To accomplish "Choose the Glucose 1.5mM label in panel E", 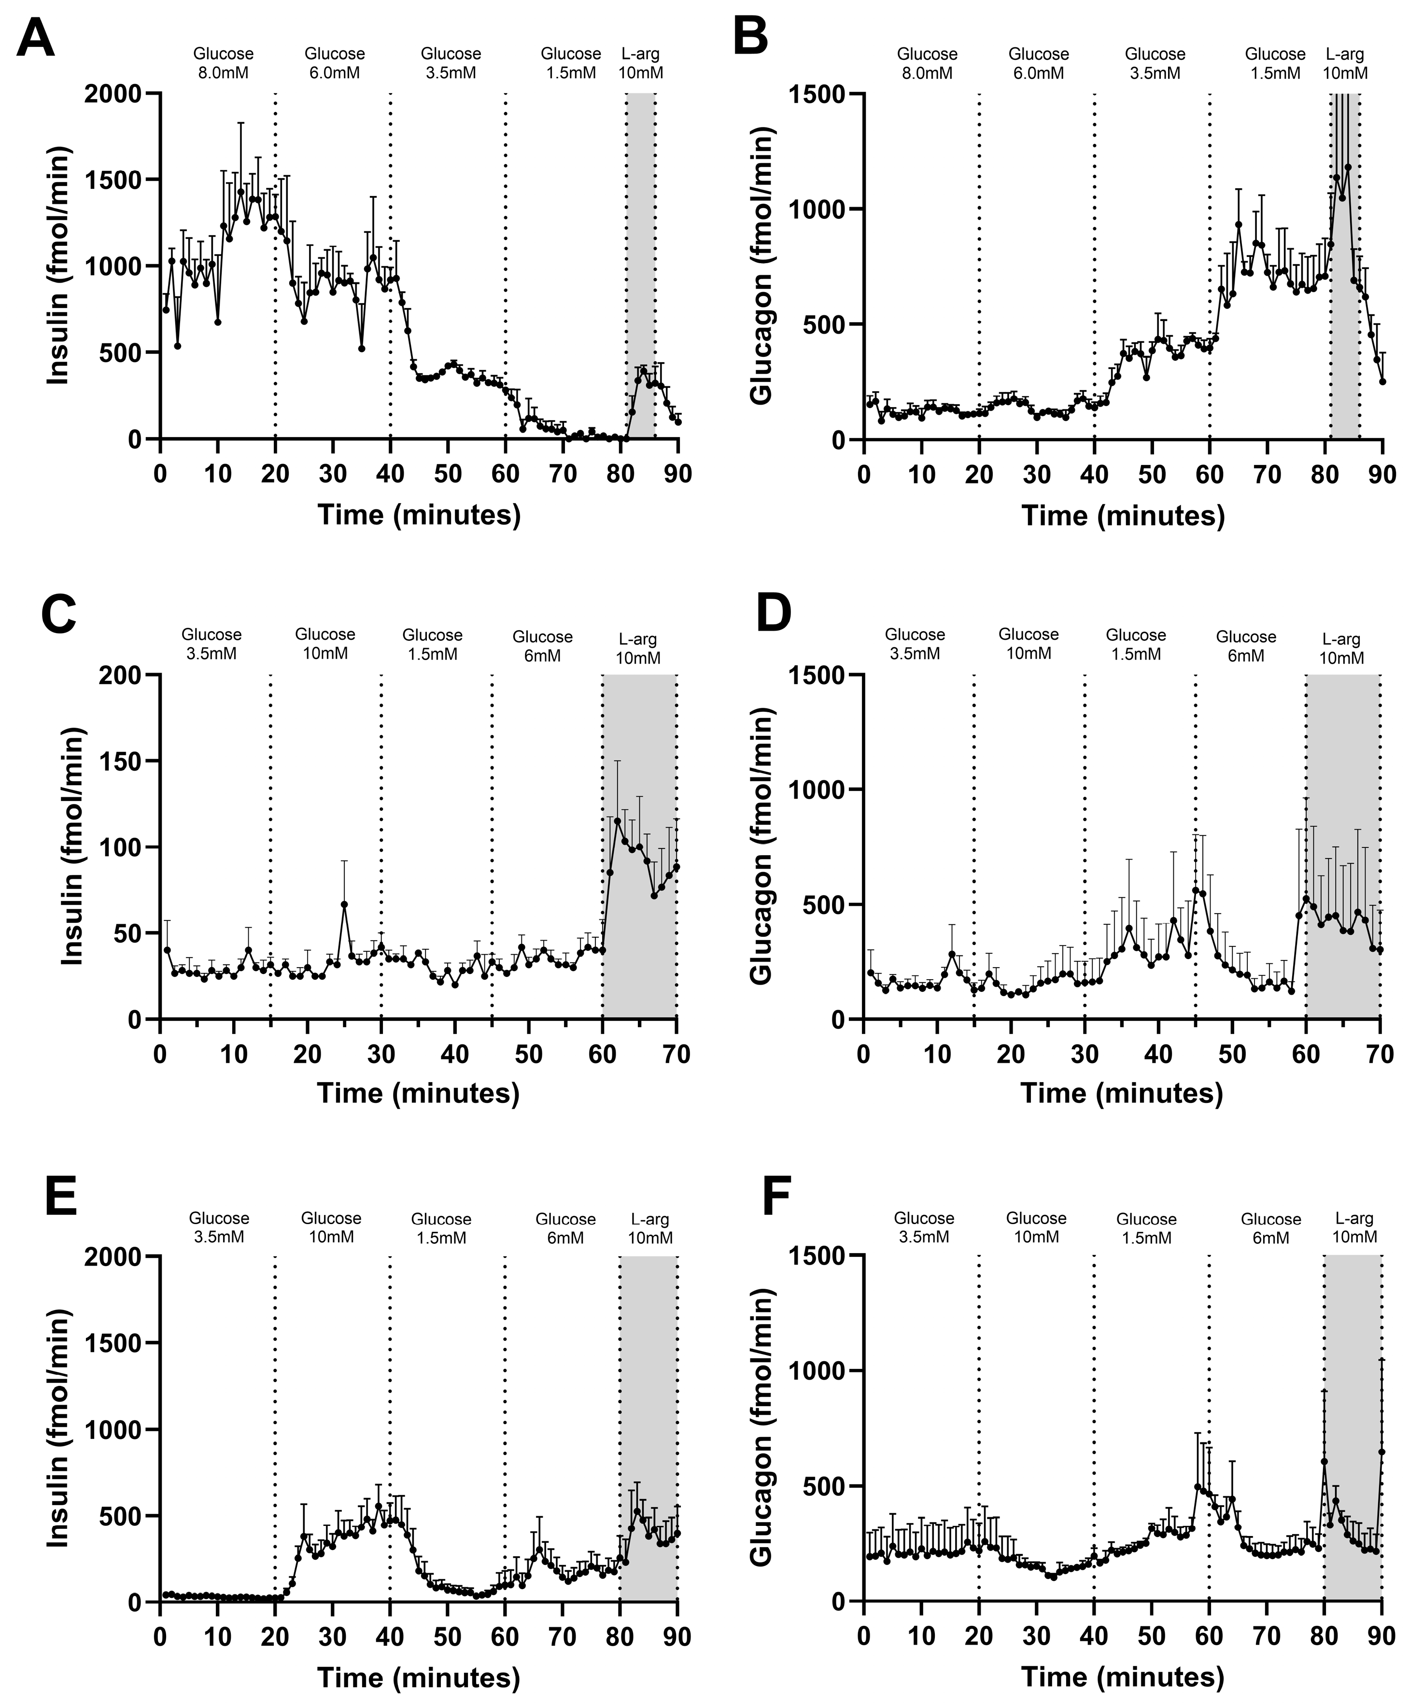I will pyautogui.click(x=441, y=1228).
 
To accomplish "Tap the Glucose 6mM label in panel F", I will pyautogui.click(x=1270, y=1228).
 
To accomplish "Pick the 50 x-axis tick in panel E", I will pyautogui.click(x=447, y=1637).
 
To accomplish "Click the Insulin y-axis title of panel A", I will pyautogui.click(x=58, y=266).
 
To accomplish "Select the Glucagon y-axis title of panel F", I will pyautogui.click(x=761, y=1428).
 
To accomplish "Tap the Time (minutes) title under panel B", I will pyautogui.click(x=1123, y=515).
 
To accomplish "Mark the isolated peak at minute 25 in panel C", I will pyautogui.click(x=344, y=904).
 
